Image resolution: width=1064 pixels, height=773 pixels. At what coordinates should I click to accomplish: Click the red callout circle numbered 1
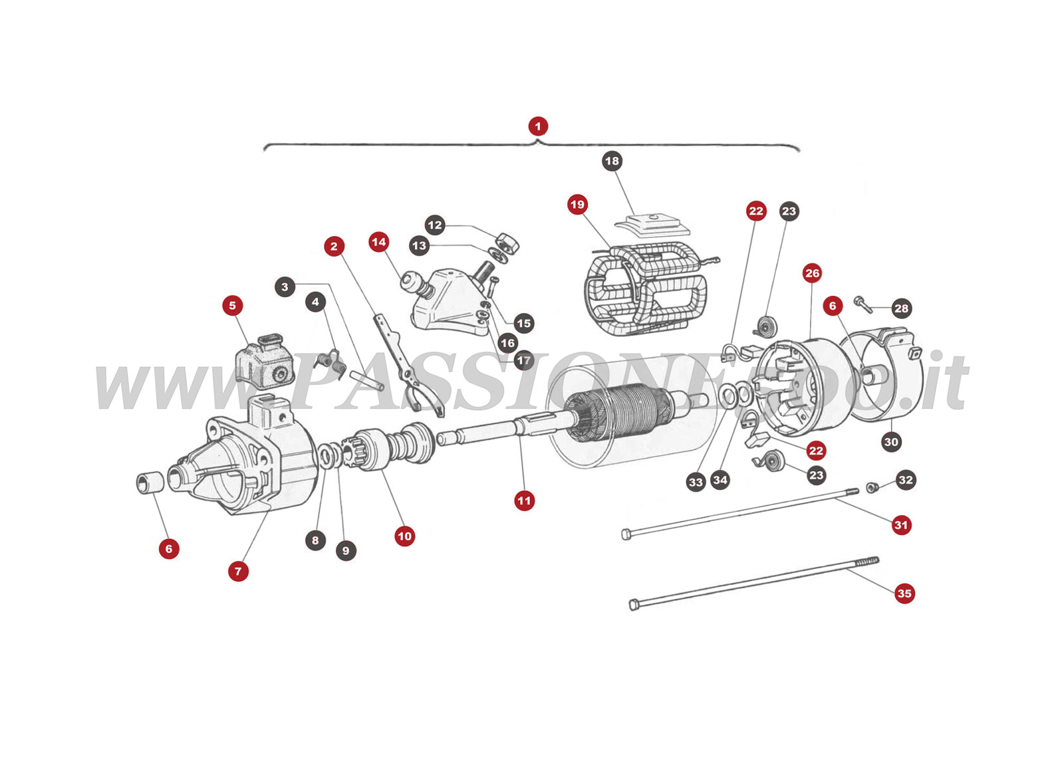click(x=537, y=126)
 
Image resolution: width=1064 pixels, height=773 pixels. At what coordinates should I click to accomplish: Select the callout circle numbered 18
click(x=612, y=161)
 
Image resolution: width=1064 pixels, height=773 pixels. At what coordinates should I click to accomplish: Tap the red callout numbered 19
click(x=577, y=204)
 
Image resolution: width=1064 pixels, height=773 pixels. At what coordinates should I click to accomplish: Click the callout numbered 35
click(x=904, y=593)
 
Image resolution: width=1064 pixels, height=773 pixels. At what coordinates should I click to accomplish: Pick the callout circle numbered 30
click(x=891, y=442)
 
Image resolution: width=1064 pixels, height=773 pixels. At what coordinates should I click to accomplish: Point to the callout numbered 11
click(x=524, y=500)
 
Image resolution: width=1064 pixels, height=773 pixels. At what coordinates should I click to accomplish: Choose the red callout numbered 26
click(x=812, y=273)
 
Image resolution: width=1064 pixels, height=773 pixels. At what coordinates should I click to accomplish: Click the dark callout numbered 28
click(x=901, y=308)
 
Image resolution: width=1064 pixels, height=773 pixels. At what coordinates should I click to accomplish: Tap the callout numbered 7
click(x=238, y=571)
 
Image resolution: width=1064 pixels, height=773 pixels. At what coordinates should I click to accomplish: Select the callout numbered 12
click(x=435, y=225)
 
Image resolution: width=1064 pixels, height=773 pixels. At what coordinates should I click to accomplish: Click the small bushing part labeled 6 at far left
click(x=149, y=483)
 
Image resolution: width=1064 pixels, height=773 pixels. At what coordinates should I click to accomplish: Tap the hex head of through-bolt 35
click(x=633, y=605)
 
